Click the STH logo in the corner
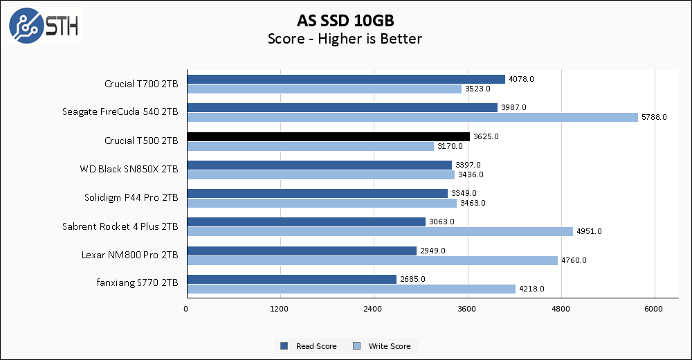click(x=44, y=26)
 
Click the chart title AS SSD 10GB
click(x=345, y=19)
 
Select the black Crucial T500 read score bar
click(x=328, y=136)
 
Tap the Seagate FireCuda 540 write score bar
click(x=412, y=117)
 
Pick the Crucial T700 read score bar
click(x=345, y=79)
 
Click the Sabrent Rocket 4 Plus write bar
click(x=379, y=231)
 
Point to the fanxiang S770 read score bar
click(x=291, y=279)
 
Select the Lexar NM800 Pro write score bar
click(x=372, y=260)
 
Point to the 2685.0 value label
click(x=412, y=279)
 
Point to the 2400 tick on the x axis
click(x=373, y=308)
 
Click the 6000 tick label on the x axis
click(x=654, y=308)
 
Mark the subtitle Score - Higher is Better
click(x=345, y=39)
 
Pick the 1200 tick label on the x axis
click(x=280, y=308)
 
